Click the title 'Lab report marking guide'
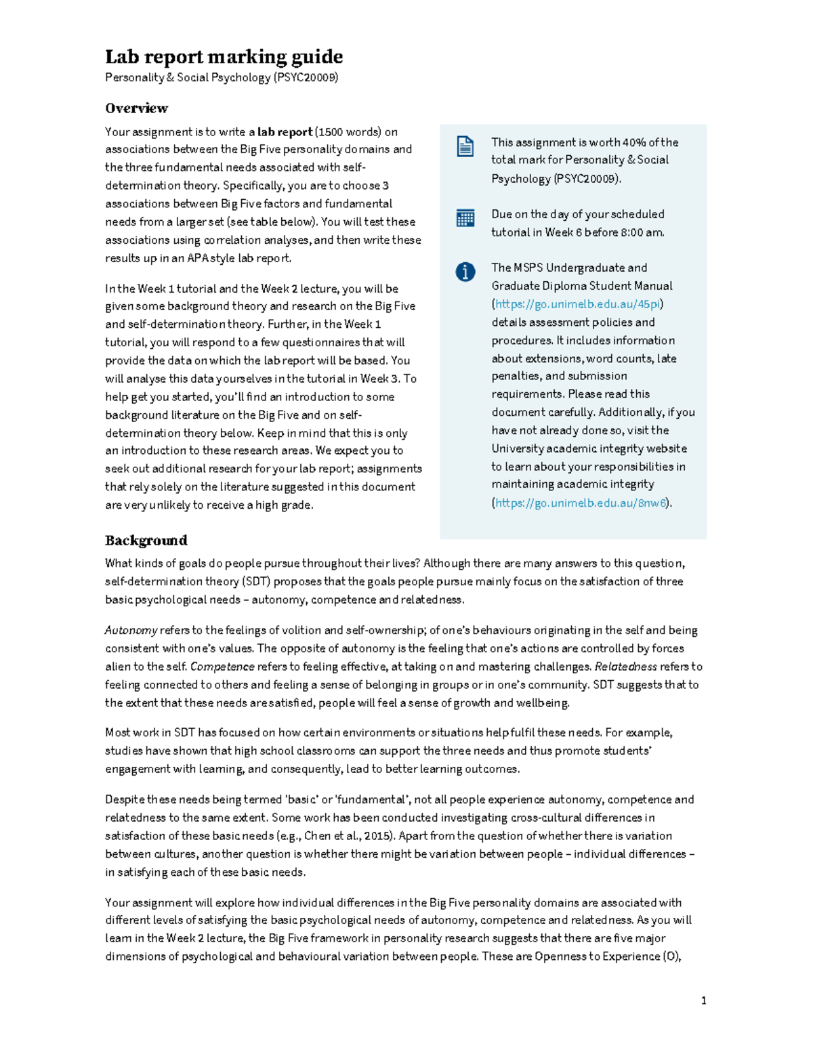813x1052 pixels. tap(224, 56)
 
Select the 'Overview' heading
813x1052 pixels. tap(136, 108)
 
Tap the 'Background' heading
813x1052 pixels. tap(146, 540)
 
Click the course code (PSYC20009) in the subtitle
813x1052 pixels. tap(306, 77)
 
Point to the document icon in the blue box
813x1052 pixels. tap(465, 146)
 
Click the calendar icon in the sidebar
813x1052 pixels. tap(465, 218)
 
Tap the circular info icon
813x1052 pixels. tap(465, 272)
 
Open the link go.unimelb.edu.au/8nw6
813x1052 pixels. tap(581, 503)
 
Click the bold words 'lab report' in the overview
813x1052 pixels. tap(285, 132)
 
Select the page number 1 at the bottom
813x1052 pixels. tap(704, 1001)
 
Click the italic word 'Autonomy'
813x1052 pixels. tap(131, 631)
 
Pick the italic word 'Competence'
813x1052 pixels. tap(222, 667)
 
